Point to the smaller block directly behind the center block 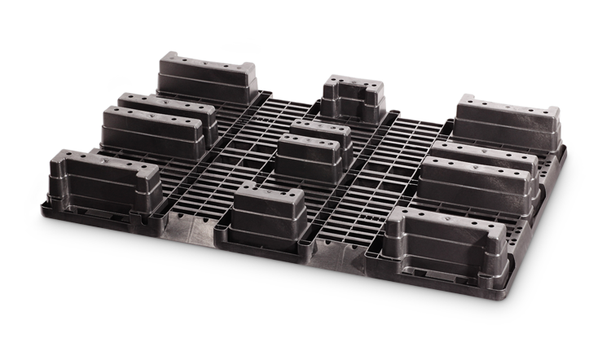(322, 132)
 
